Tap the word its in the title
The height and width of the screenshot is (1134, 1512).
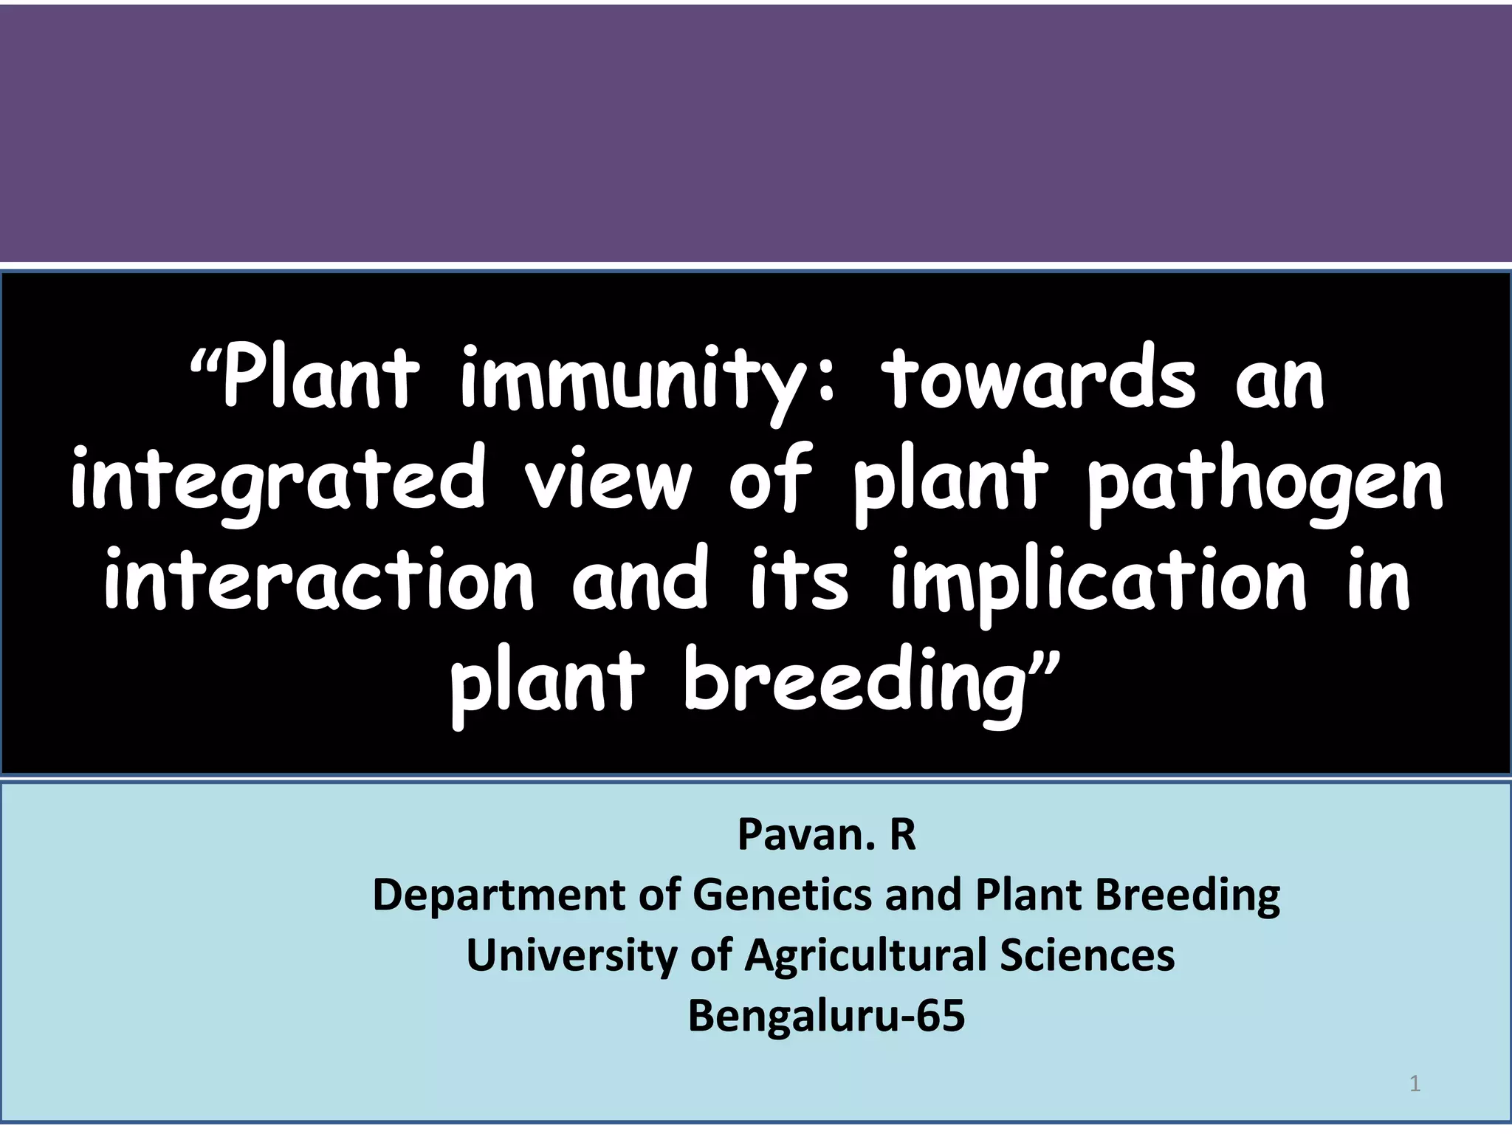[799, 582]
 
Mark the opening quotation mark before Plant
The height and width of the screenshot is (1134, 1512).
[205, 362]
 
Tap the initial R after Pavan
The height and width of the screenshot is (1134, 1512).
[902, 835]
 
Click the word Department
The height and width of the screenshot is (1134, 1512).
[499, 896]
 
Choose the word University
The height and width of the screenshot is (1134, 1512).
[571, 955]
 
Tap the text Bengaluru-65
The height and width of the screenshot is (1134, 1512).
[826, 1016]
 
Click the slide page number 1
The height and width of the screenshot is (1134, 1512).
[1415, 1084]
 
